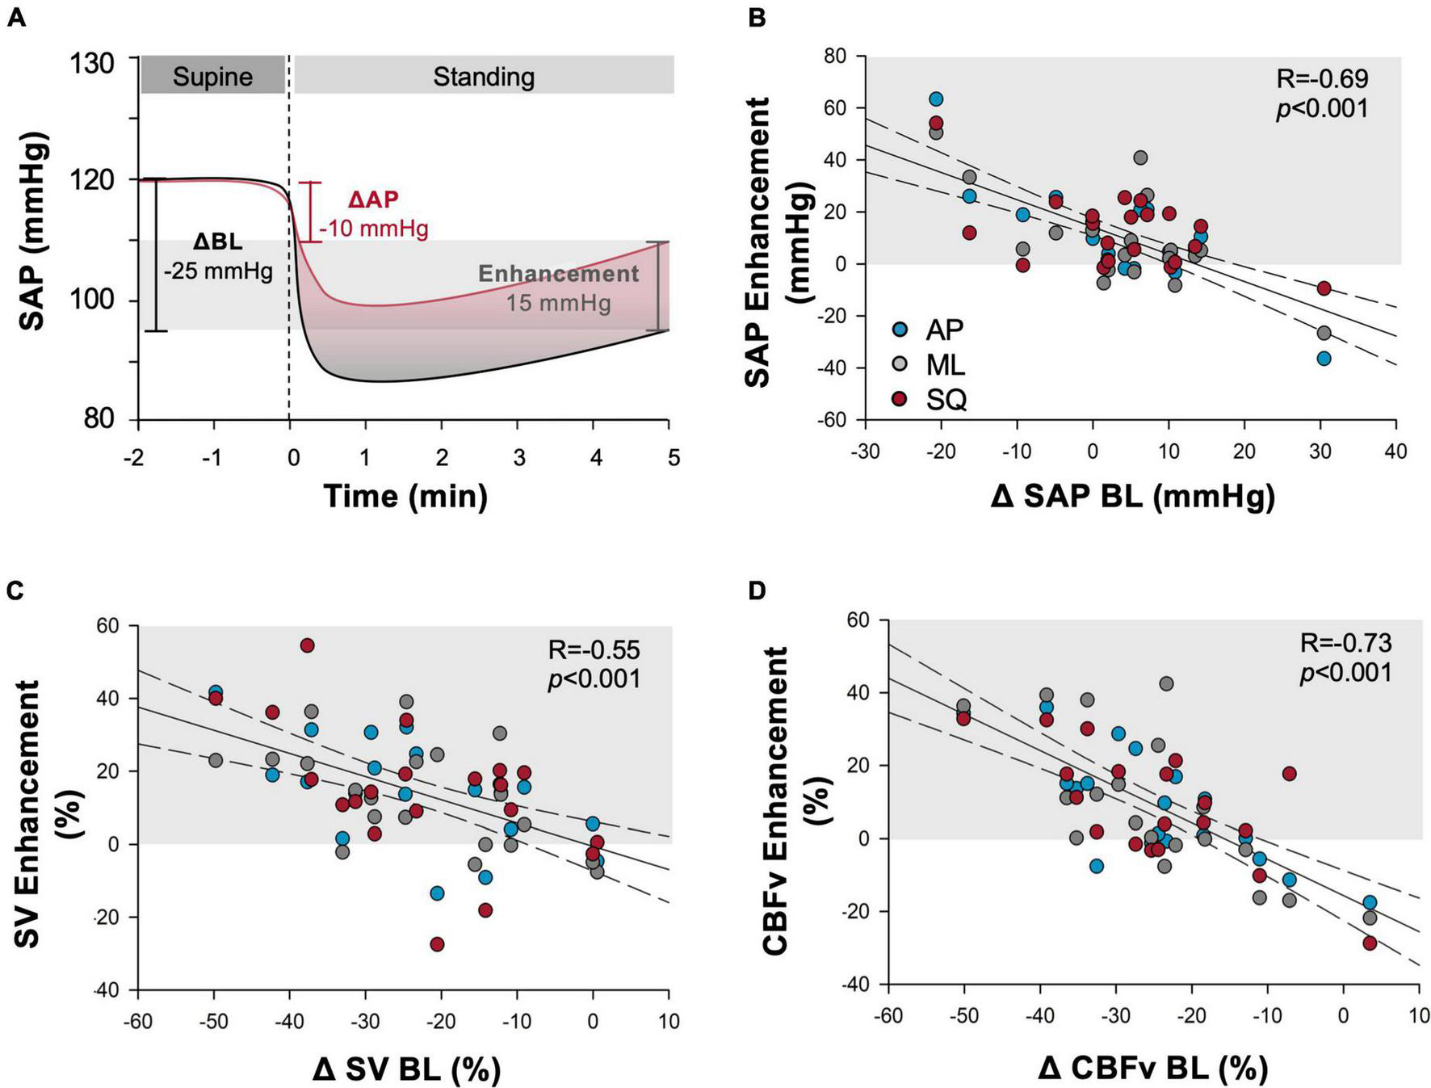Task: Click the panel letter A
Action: (x=15, y=17)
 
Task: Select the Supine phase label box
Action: (x=212, y=76)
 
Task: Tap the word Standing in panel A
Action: (x=484, y=77)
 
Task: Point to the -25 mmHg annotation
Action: (x=218, y=271)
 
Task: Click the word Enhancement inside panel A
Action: (x=558, y=274)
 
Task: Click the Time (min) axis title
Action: (x=405, y=495)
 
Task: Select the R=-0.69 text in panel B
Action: (x=1322, y=78)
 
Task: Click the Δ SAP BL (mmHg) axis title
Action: (x=1132, y=496)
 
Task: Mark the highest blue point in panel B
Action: (x=936, y=99)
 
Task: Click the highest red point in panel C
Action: (x=307, y=645)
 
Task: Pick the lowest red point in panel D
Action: (x=1370, y=943)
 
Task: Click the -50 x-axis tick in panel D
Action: (x=963, y=1015)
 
